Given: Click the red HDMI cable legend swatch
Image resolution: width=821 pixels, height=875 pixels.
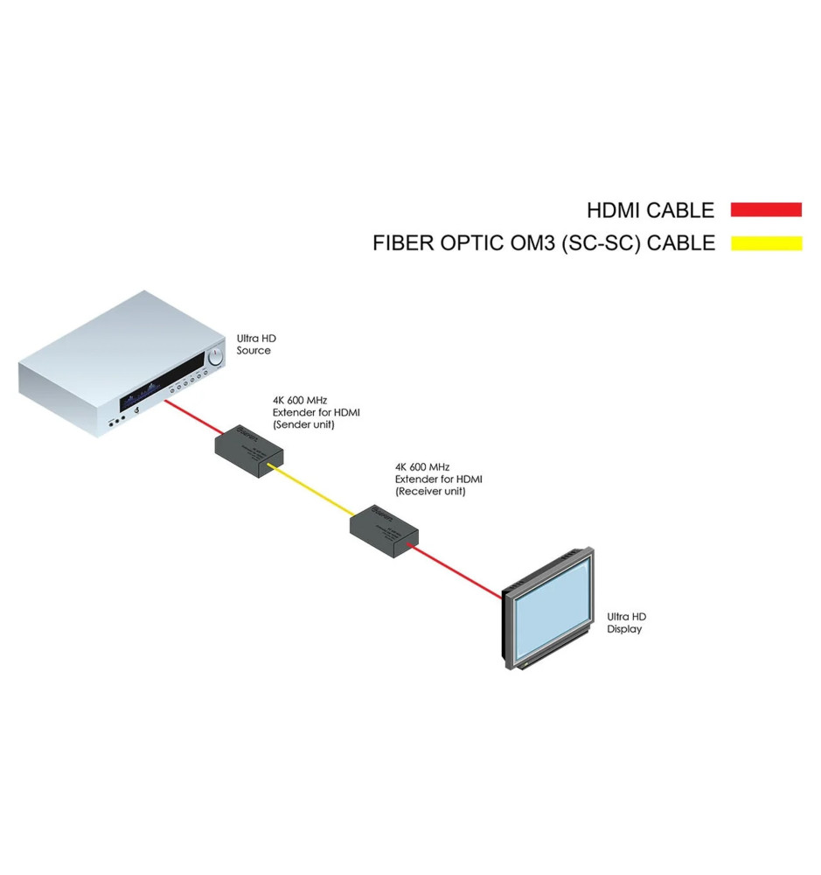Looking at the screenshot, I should coord(766,210).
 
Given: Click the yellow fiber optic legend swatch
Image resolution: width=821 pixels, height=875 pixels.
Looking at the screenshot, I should coord(766,243).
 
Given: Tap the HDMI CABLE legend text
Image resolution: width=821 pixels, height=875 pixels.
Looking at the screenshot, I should coord(651,210).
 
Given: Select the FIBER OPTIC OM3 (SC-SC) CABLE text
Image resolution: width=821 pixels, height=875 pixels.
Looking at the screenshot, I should coord(543,243).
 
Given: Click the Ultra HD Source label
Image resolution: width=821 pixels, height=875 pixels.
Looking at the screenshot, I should coord(254,344).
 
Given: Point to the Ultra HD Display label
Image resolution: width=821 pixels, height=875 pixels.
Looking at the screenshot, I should coord(626,623).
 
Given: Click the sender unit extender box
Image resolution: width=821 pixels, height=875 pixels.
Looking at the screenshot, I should coord(249,451).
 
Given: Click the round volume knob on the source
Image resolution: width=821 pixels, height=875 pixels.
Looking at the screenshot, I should coord(216,356).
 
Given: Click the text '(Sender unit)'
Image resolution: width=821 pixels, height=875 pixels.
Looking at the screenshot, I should coord(303,424).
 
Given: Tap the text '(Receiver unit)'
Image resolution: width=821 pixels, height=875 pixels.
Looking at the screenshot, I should coord(430,492).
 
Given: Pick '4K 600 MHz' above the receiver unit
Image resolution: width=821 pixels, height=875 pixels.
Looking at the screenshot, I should coord(422,467).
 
